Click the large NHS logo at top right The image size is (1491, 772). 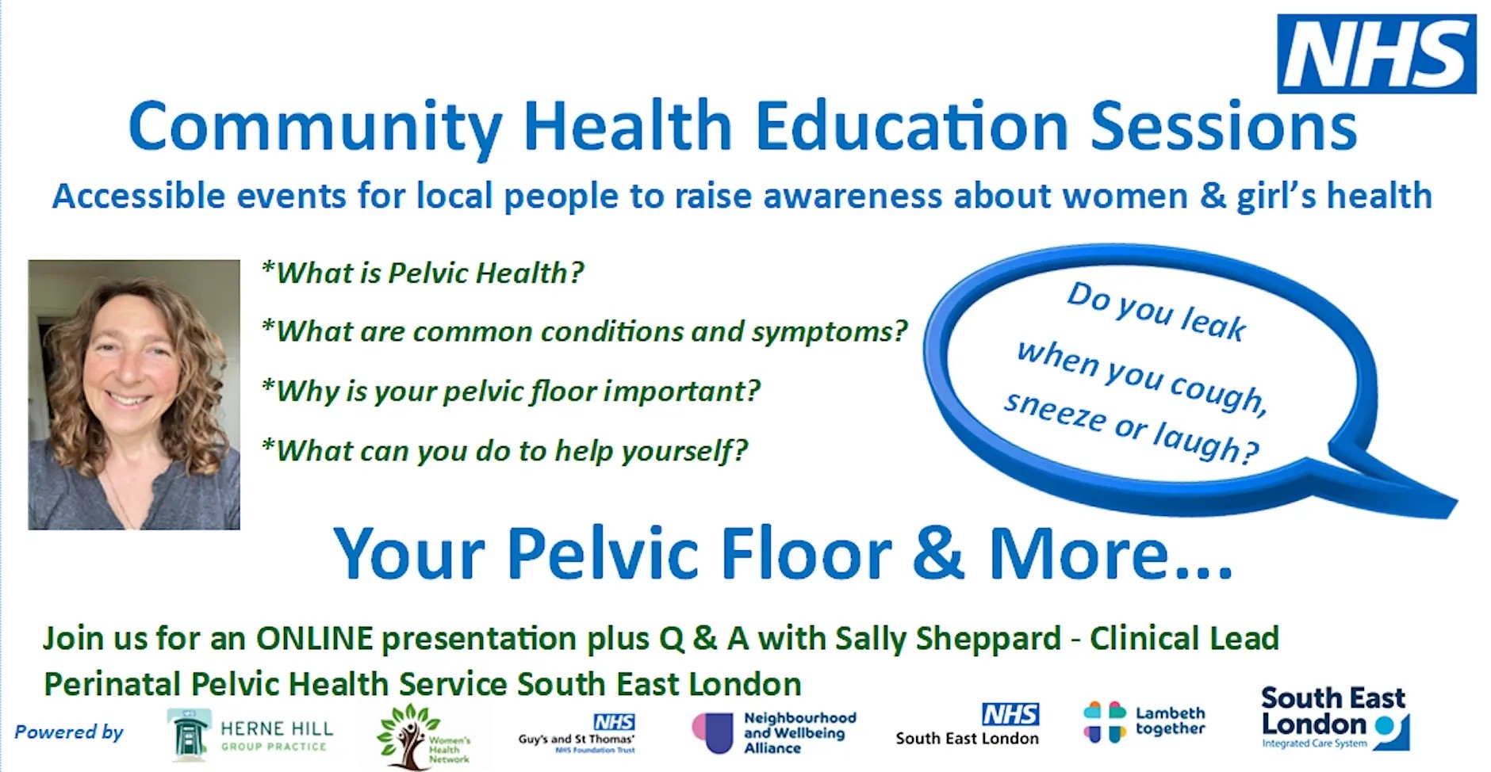click(1376, 54)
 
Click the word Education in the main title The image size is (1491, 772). click(911, 127)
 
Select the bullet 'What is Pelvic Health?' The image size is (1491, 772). click(423, 273)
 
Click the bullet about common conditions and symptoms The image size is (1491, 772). click(585, 331)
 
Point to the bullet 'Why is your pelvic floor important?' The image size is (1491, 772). click(511, 391)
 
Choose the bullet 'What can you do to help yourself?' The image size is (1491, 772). click(504, 451)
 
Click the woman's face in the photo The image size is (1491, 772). click(131, 361)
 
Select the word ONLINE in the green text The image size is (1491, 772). click(314, 639)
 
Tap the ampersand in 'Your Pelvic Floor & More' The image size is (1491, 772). click(937, 553)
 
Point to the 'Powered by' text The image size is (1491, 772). click(69, 732)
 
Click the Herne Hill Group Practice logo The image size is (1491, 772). click(251, 735)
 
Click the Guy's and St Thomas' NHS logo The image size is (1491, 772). click(577, 734)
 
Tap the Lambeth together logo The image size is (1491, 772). click(1144, 722)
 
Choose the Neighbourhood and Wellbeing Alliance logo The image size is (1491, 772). click(774, 732)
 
